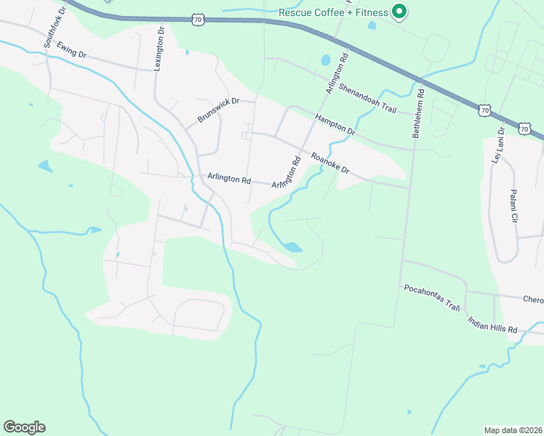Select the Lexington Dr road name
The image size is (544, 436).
point(160,49)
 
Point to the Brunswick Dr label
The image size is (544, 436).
point(219,110)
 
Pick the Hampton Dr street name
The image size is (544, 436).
point(335,125)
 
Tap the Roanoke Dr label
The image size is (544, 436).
point(331,163)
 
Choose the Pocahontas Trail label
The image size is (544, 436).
point(433,298)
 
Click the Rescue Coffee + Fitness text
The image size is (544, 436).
point(333,12)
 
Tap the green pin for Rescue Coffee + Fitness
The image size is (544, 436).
point(399,12)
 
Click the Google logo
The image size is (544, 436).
point(24,427)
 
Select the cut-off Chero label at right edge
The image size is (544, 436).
point(533,299)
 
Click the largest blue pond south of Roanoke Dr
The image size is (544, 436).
point(292,247)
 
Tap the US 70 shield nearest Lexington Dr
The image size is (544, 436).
point(199,20)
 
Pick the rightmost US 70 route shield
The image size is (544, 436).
point(525,129)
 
